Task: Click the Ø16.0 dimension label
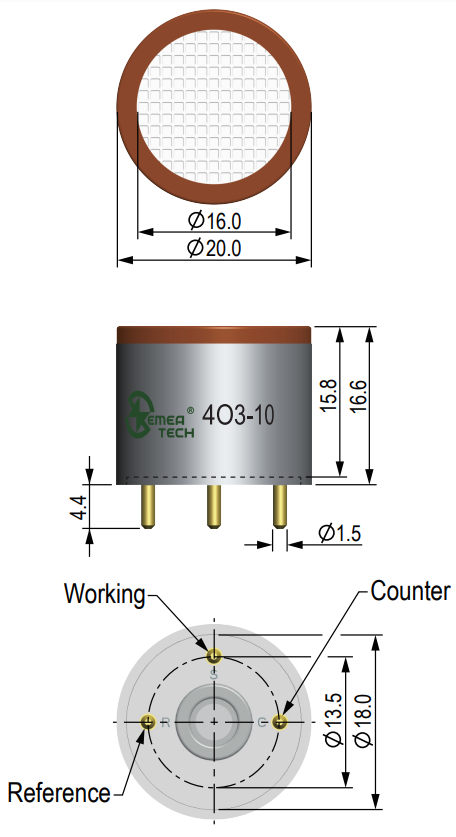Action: [215, 220]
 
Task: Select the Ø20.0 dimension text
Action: [215, 248]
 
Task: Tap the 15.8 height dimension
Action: [328, 395]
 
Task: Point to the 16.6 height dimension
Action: [359, 396]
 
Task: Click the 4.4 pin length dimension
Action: [78, 507]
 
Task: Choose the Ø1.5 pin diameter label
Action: [340, 533]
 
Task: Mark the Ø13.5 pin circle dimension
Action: [333, 721]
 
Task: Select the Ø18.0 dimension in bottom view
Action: [362, 721]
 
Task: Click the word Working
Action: [105, 594]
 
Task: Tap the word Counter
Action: [410, 591]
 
